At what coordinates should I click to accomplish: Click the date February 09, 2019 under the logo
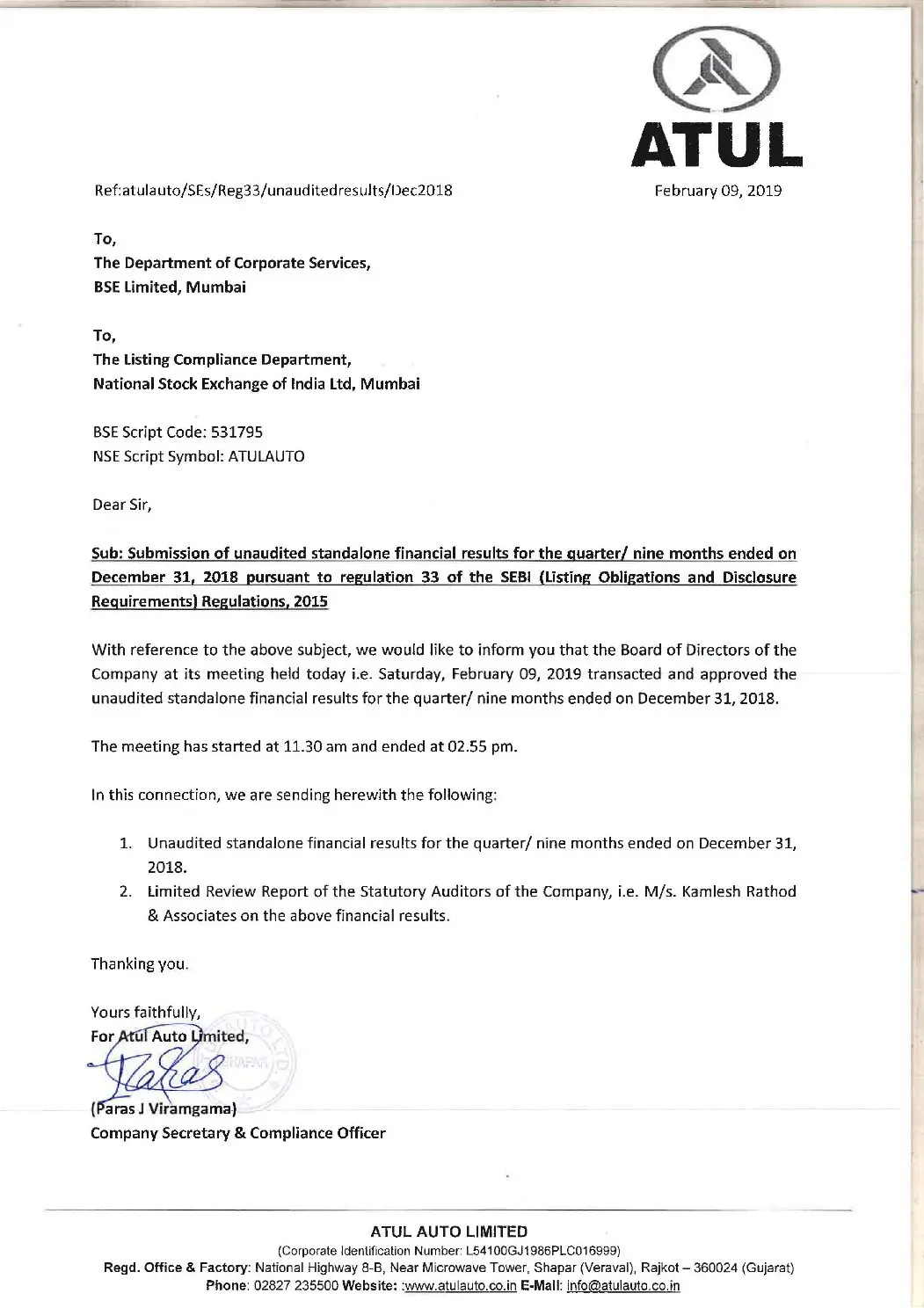click(x=717, y=191)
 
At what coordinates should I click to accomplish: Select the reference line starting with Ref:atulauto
click(x=273, y=190)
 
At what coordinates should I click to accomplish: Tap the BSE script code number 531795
click(x=236, y=432)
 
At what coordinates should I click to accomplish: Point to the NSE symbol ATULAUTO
click(x=266, y=456)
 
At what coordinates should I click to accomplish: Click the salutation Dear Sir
click(x=121, y=505)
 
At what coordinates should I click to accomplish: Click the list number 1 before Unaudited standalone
click(x=126, y=843)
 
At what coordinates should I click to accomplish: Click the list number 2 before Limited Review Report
click(x=126, y=891)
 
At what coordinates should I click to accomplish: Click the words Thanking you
click(x=140, y=963)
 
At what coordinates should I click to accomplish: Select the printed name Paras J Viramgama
click(x=164, y=1108)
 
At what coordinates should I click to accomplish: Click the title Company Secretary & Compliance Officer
click(x=237, y=1133)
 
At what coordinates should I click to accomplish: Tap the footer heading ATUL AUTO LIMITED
click(x=448, y=1232)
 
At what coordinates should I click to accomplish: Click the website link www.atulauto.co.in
click(x=460, y=1285)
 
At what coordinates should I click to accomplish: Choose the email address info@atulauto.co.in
click(x=623, y=1285)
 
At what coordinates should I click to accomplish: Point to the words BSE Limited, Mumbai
click(x=170, y=287)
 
